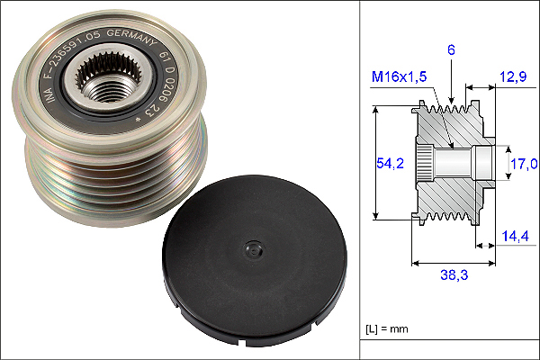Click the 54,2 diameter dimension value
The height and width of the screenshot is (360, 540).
tap(388, 162)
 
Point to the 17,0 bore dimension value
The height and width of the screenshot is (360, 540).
tap(524, 164)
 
